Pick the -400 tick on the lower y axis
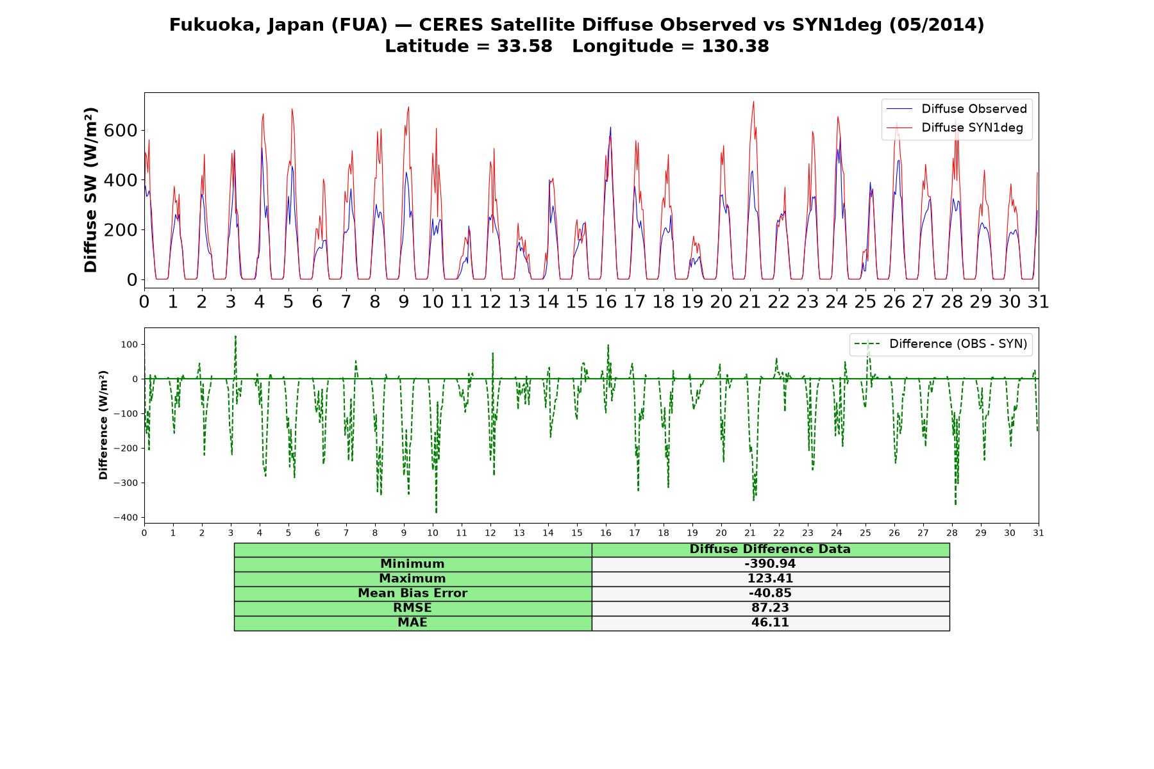click(126, 517)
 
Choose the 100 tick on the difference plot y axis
click(130, 344)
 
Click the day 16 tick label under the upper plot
click(606, 302)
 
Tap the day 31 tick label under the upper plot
click(1039, 302)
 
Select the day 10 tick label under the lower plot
click(433, 533)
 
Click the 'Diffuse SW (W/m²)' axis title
click(90, 190)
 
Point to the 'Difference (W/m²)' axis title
click(103, 426)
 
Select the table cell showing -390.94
click(770, 564)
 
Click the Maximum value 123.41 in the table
click(770, 579)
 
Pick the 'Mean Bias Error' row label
click(412, 593)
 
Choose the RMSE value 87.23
click(770, 608)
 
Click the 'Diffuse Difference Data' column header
click(770, 549)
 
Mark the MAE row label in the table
click(412, 623)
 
